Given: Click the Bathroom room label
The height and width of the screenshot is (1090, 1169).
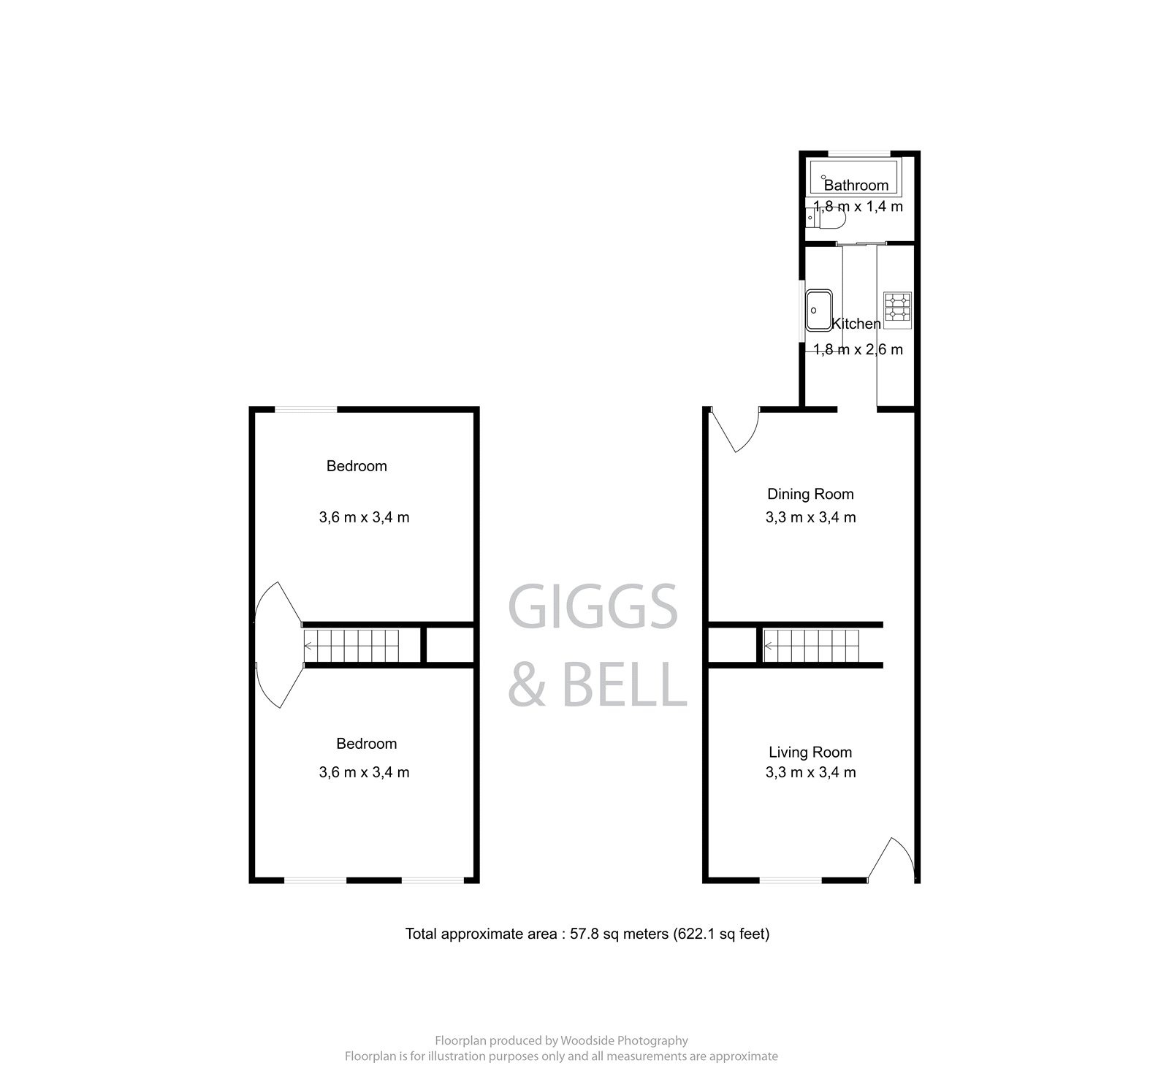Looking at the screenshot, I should tap(856, 185).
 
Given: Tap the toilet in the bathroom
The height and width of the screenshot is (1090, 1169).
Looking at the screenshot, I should tap(829, 218).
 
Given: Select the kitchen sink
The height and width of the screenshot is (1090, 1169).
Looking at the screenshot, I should tap(819, 310).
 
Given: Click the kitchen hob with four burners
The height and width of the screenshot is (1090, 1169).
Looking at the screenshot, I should tap(897, 307).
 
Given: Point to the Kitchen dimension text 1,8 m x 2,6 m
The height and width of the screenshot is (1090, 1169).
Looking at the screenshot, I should tap(858, 349).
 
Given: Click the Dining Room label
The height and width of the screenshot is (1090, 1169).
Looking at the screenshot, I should tap(810, 494).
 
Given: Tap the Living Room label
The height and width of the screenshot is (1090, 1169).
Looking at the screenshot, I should tap(810, 752).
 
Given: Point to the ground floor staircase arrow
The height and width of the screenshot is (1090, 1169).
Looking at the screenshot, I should tap(769, 646).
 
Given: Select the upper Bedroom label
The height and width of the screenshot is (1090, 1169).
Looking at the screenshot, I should tap(357, 466).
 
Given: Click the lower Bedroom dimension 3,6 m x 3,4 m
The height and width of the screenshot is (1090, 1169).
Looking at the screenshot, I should tap(364, 772).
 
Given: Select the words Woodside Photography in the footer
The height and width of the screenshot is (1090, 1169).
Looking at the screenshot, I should tap(625, 1040).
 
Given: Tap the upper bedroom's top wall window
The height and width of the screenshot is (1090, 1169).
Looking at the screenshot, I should tap(305, 410).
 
